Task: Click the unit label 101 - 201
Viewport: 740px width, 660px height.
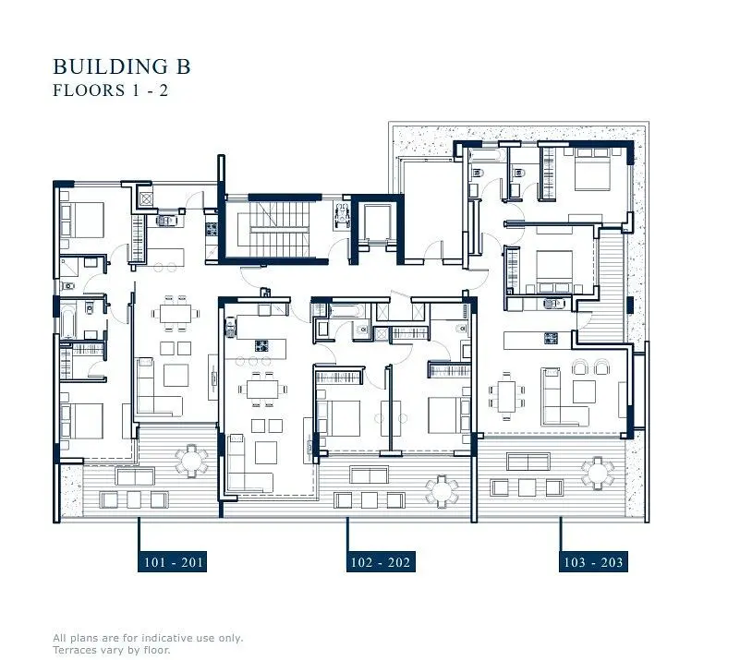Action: (172, 561)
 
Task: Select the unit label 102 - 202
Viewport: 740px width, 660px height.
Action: (381, 561)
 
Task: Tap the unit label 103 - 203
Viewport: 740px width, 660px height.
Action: (593, 561)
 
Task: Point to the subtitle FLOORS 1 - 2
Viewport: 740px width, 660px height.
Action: (111, 90)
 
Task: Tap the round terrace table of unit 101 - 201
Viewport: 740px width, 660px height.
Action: (191, 460)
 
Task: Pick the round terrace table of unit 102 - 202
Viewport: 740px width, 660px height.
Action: (442, 491)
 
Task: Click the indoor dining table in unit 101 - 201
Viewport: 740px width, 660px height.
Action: (176, 314)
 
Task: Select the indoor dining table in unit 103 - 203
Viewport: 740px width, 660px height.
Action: (506, 396)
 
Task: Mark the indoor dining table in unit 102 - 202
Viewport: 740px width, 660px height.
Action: (263, 390)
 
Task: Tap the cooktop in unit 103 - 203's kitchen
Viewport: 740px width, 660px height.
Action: (552, 338)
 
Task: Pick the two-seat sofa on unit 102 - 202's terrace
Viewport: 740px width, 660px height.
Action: (369, 475)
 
